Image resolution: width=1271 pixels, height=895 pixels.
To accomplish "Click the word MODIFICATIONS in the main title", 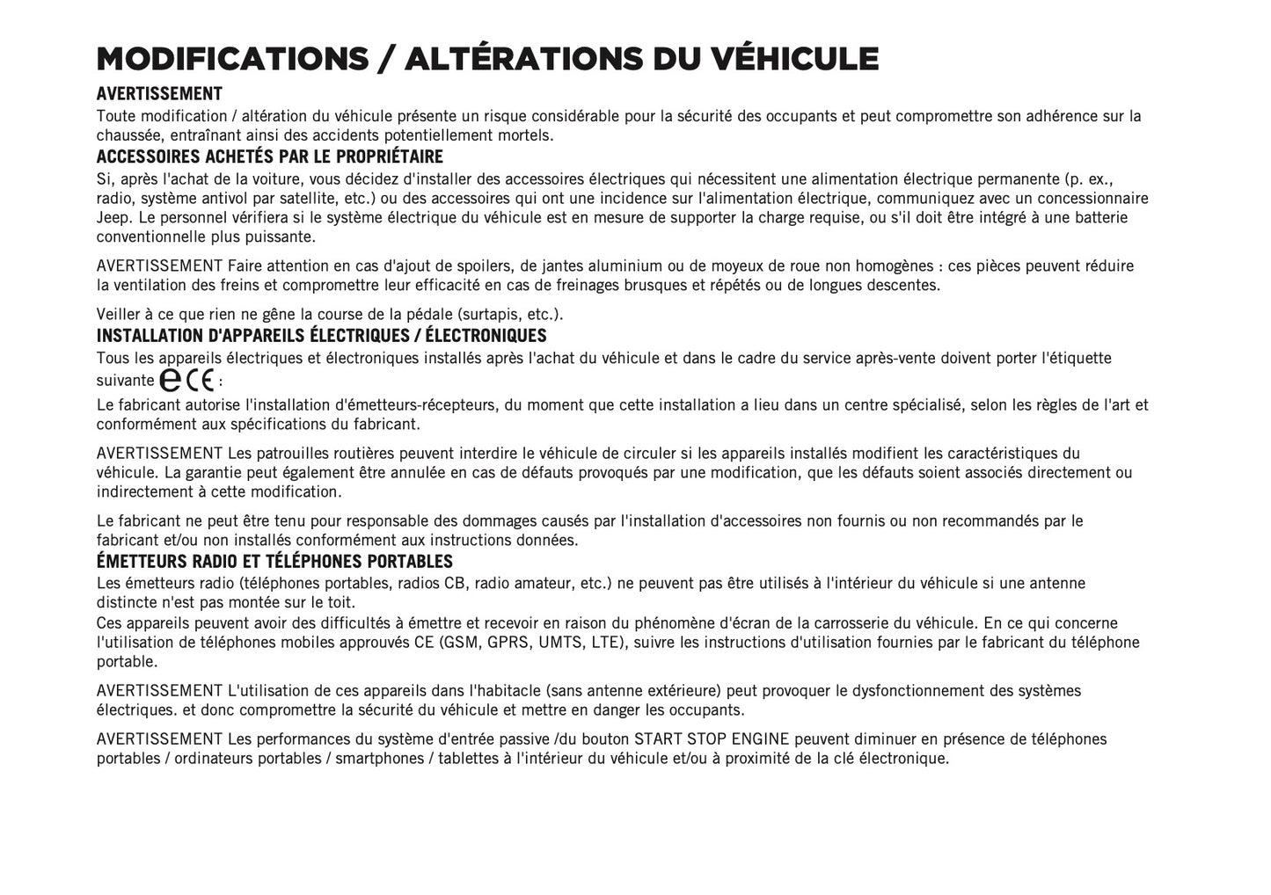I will pyautogui.click(x=232, y=59).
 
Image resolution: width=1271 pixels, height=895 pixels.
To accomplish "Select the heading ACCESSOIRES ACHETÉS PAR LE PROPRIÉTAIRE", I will pyautogui.click(x=269, y=157).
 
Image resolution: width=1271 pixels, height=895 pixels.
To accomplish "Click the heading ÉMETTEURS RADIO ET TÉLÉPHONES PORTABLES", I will pyautogui.click(x=274, y=562).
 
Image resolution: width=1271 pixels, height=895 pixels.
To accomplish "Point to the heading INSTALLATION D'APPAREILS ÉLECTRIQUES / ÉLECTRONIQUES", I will pyautogui.click(x=321, y=336).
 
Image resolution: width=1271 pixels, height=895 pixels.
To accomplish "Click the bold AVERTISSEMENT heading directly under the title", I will pyautogui.click(x=159, y=94).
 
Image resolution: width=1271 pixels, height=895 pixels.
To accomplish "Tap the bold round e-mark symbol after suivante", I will pyautogui.click(x=171, y=380).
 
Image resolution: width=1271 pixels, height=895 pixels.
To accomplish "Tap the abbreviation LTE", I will pyautogui.click(x=606, y=642).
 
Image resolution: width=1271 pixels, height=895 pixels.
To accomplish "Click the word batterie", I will pyautogui.click(x=1099, y=217).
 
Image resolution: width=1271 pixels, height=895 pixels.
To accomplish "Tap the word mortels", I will pyautogui.click(x=526, y=135).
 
